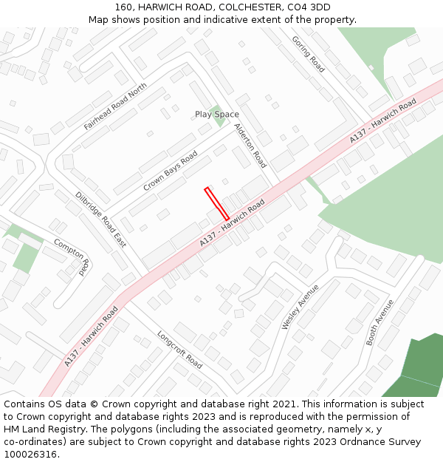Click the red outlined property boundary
[x=217, y=203]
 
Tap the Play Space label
[x=217, y=115]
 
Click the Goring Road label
[x=308, y=54]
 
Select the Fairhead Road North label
[x=115, y=106]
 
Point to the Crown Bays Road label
[x=170, y=171]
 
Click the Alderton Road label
[x=250, y=146]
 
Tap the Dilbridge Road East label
[x=100, y=220]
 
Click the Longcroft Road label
[x=179, y=350]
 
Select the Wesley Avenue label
[x=300, y=307]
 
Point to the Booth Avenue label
[x=380, y=322]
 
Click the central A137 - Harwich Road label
[x=232, y=223]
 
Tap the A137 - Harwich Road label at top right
[x=382, y=120]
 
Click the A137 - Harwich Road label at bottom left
[x=91, y=336]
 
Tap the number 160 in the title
[x=123, y=7]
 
